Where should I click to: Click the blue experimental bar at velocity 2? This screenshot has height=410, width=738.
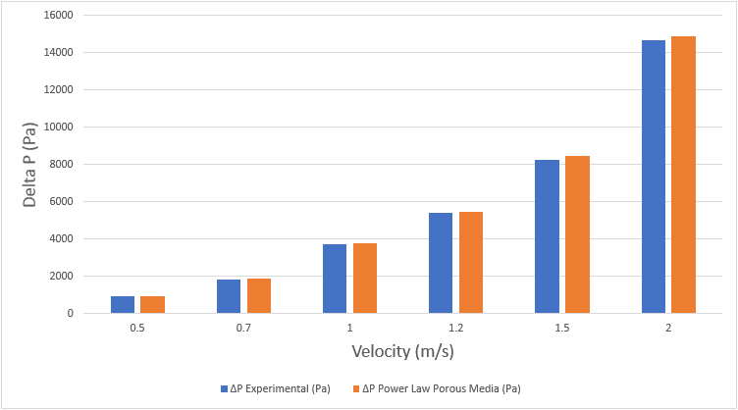pos(654,177)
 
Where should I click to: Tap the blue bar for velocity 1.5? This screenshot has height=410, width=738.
pos(547,236)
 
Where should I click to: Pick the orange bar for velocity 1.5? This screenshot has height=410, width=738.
pos(577,234)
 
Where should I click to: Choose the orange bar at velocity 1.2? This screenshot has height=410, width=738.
pos(471,262)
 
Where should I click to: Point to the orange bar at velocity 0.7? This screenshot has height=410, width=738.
pos(259,295)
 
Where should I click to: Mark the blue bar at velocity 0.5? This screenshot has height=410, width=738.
pos(123,304)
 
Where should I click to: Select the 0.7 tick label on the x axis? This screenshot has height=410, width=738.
pos(243,327)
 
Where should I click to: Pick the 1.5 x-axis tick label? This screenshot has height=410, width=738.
pos(562,327)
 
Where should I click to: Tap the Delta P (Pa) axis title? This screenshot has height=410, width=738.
pos(31,165)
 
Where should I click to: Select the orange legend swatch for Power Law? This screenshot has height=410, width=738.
pos(355,389)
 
